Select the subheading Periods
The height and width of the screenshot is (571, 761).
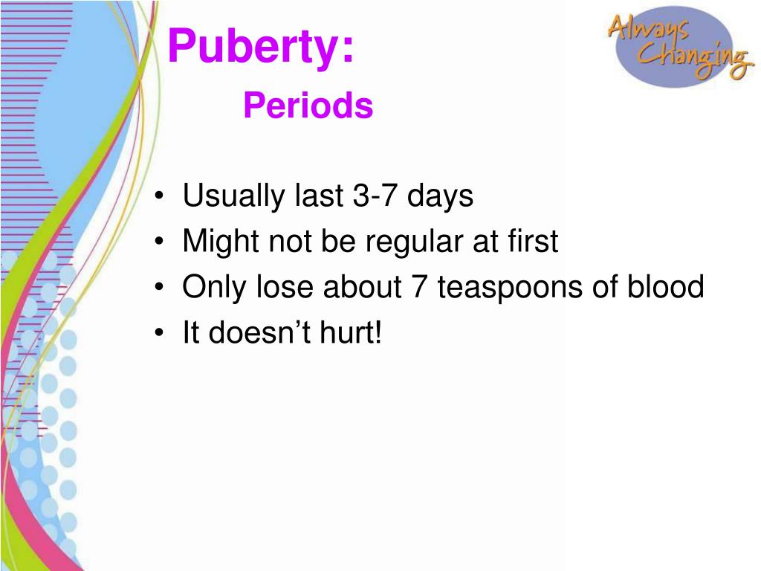(308, 105)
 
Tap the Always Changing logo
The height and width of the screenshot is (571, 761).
(680, 46)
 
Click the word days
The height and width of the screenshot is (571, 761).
(440, 196)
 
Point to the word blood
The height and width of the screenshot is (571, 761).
(666, 286)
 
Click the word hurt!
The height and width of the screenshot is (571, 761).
(351, 332)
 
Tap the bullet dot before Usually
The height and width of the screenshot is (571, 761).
(159, 196)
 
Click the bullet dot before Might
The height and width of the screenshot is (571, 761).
(159, 242)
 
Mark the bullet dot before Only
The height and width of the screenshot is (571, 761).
(159, 288)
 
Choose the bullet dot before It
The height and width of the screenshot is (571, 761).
(159, 333)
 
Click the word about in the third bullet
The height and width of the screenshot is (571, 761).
(362, 286)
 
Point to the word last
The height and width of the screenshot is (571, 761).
(319, 196)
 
